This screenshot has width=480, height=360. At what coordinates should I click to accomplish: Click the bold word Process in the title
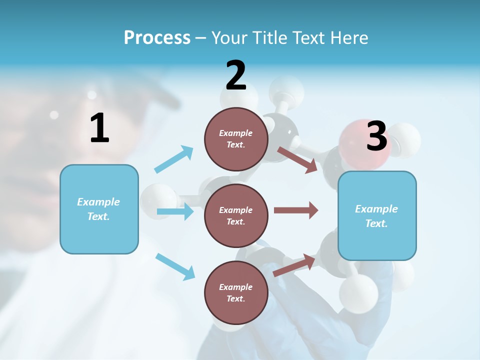click(x=157, y=37)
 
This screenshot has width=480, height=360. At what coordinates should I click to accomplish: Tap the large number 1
click(x=99, y=128)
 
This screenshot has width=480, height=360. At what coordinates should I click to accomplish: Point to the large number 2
click(x=236, y=75)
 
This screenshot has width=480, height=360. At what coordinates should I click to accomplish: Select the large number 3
click(x=376, y=136)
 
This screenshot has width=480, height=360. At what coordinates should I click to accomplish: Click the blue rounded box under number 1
click(x=99, y=209)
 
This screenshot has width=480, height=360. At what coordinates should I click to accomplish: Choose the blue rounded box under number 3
click(x=377, y=216)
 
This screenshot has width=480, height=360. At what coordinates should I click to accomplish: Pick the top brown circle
click(x=236, y=139)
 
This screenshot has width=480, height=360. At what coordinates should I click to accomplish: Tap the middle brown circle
click(x=236, y=215)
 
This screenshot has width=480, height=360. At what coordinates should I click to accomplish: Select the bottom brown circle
click(x=236, y=292)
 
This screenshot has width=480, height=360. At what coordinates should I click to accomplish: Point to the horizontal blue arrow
click(x=174, y=211)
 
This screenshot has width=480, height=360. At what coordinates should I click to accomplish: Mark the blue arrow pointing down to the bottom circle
click(x=175, y=266)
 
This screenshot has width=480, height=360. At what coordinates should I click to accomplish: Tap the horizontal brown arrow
click(x=296, y=210)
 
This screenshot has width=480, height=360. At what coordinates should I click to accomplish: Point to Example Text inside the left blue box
click(x=98, y=209)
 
